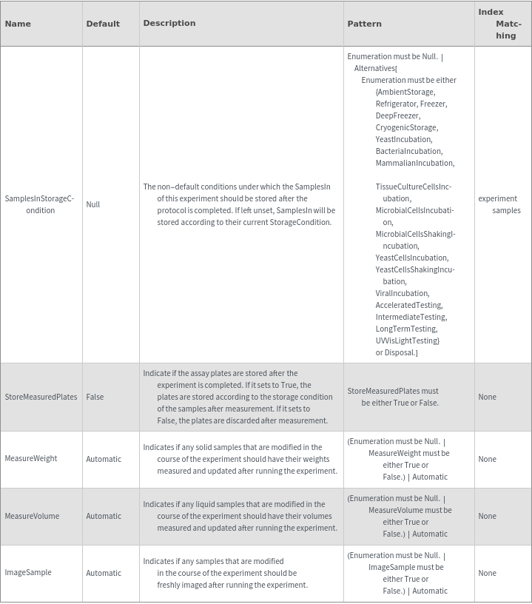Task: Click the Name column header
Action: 18,24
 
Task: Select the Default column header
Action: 103,24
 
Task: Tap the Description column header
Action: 169,23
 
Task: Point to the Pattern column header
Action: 365,24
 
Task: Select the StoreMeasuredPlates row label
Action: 41,397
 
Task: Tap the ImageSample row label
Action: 28,572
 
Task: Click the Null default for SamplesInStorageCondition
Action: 92,204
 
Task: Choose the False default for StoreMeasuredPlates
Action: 95,397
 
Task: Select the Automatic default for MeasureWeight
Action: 104,459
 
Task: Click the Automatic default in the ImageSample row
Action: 104,573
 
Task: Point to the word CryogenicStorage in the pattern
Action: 406,127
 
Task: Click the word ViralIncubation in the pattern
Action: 402,293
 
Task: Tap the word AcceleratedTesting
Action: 408,305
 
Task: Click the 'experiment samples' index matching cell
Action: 499,204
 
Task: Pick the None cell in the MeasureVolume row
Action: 487,516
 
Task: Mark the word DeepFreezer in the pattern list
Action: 397,115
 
